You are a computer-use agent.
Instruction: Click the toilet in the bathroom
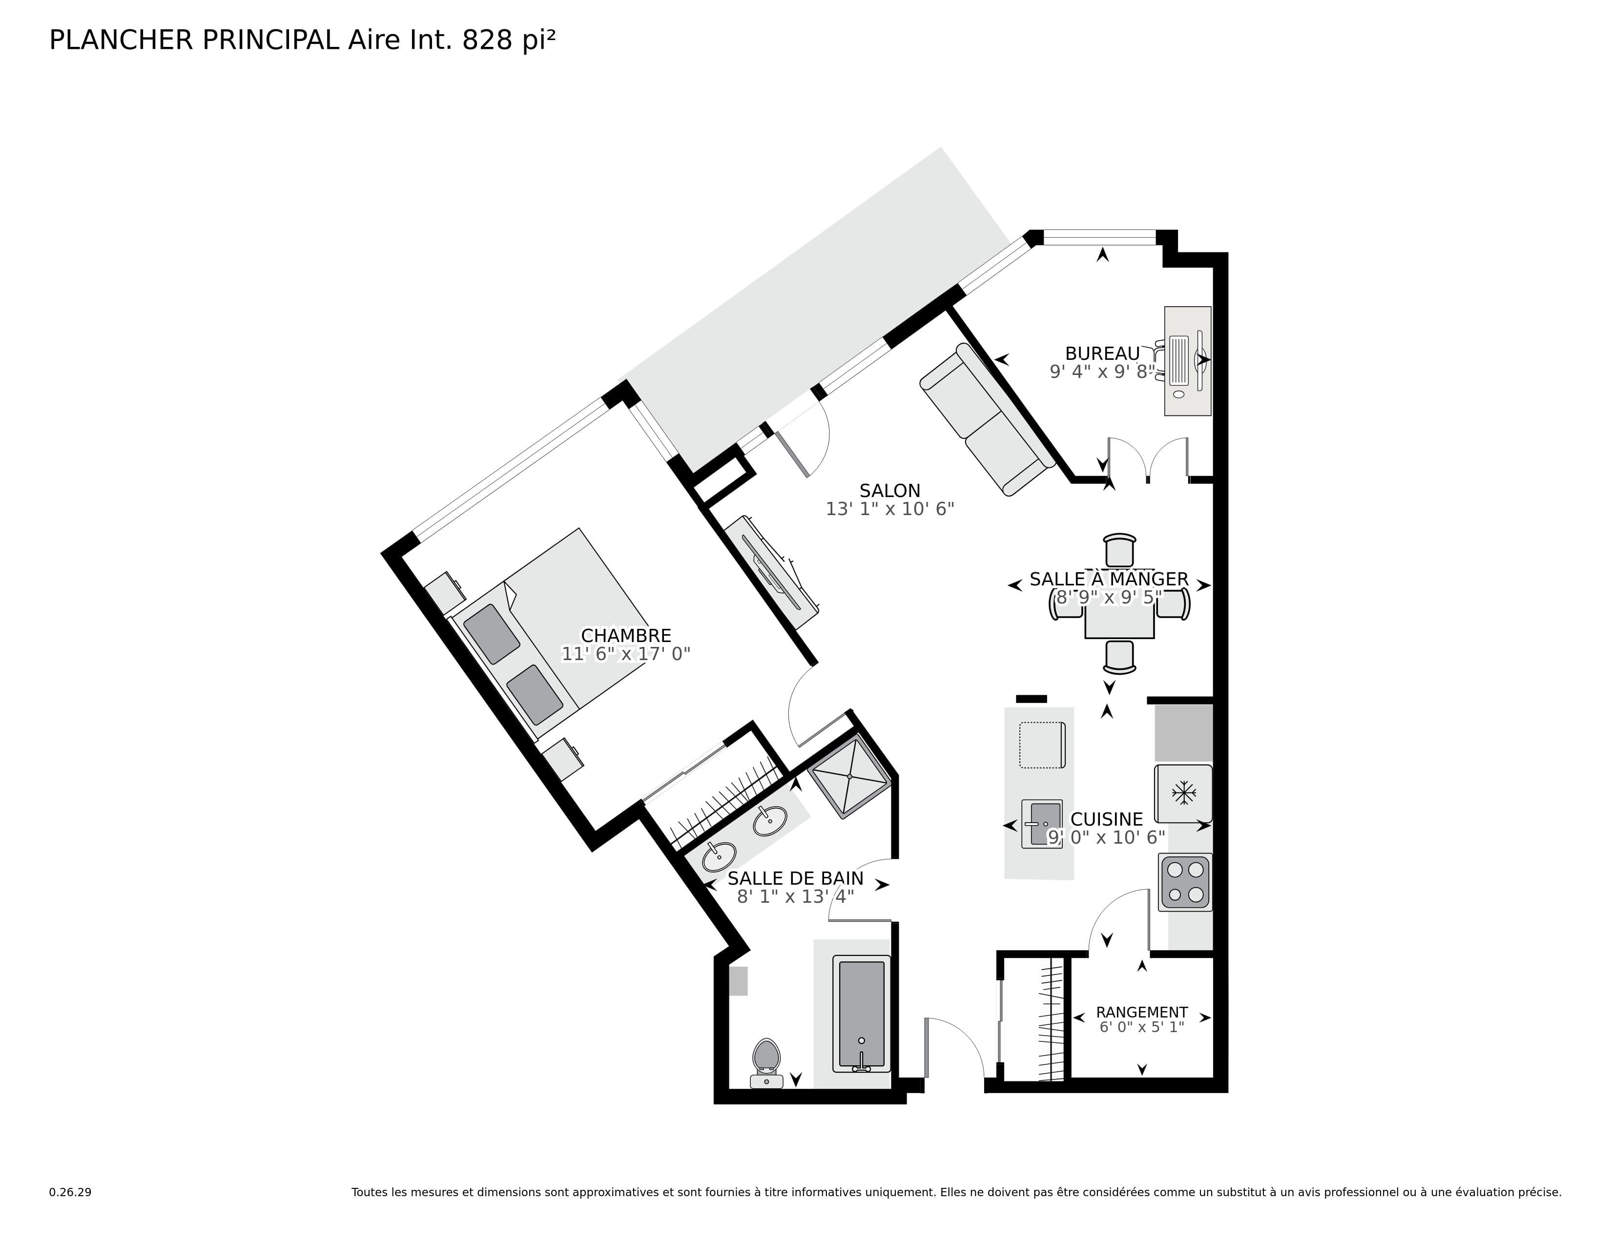(766, 1060)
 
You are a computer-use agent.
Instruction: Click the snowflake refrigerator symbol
(1183, 793)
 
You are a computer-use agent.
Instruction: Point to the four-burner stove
(1185, 882)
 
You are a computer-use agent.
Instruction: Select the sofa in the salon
(987, 419)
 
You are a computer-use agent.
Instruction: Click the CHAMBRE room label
(625, 636)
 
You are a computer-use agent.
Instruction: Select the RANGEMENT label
(1141, 1013)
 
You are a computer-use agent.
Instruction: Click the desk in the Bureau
(1187, 361)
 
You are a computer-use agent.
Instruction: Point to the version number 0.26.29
(70, 1192)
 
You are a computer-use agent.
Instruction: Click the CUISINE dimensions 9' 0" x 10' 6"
(1106, 837)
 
